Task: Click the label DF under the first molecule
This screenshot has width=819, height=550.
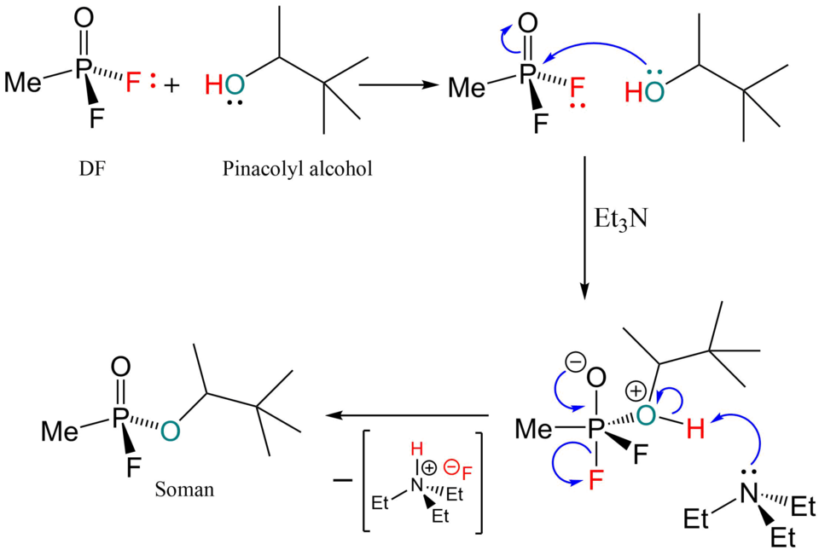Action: point(92,169)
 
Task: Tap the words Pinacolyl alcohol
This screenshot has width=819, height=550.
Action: point(297,169)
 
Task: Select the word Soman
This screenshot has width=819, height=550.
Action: point(184,489)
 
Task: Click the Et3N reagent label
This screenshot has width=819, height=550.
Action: point(621,219)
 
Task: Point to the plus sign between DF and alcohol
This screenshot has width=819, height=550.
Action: point(171,84)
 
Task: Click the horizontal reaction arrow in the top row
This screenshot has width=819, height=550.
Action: point(398,84)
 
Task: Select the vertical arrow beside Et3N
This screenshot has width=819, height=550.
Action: point(584,228)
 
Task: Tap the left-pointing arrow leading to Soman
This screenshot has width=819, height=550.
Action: point(407,415)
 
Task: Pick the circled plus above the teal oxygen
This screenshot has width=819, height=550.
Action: point(635,391)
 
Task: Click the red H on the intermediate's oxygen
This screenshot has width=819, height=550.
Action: point(695,430)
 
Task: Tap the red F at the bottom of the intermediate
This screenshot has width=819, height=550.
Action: point(596,480)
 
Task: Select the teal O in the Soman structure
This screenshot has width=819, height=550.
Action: point(171,431)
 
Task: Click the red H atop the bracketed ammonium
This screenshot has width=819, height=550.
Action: point(416,449)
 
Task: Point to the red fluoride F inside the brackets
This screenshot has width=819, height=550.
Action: point(467,473)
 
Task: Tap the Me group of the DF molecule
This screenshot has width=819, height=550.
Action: point(23,83)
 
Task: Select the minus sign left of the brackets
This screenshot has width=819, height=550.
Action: point(342,479)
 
